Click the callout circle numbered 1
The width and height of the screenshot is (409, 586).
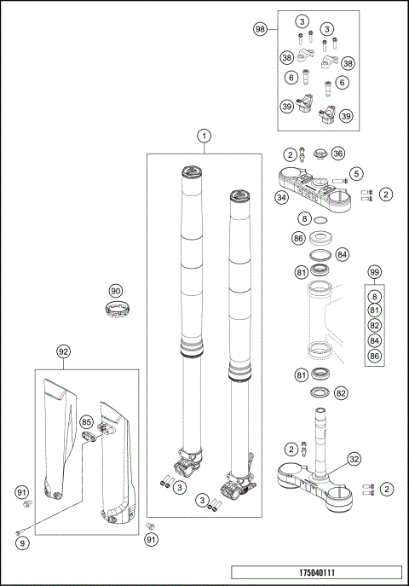[x=204, y=136]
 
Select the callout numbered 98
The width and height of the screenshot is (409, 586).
[x=260, y=29]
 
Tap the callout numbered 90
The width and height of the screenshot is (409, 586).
[x=116, y=291]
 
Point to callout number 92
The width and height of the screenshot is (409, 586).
[x=63, y=351]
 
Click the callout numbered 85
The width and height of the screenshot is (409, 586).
[x=87, y=422]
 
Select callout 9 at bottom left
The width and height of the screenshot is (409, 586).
[x=22, y=543]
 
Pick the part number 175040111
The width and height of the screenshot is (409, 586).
[x=317, y=572]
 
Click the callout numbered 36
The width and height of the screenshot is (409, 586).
[x=338, y=154]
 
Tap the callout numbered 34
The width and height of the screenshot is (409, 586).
[x=281, y=197]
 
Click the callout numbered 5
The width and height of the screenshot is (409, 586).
[x=356, y=174]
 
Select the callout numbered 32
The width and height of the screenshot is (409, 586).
[x=354, y=459]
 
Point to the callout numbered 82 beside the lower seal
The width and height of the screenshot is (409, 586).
[x=341, y=393]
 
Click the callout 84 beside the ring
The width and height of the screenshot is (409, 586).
[x=343, y=255]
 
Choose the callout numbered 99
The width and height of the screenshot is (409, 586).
[x=374, y=272]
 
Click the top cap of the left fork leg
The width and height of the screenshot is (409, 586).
[x=193, y=172]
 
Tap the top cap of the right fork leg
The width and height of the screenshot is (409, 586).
[x=240, y=196]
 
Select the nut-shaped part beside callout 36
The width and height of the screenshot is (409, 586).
[x=320, y=154]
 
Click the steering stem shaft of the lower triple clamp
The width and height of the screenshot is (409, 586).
[x=322, y=441]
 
